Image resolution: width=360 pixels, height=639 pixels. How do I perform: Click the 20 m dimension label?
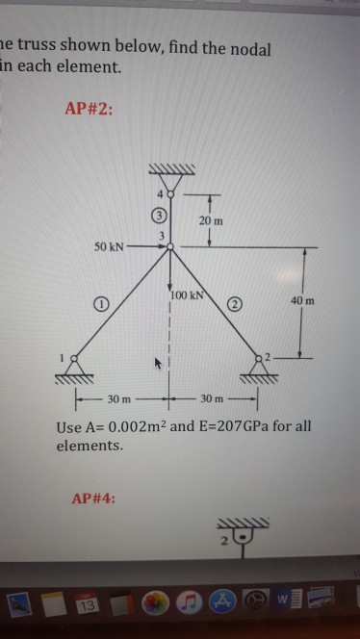pos(212,220)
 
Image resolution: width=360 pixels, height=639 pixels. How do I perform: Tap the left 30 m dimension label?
pos(118,397)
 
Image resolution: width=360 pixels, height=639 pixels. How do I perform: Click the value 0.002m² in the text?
pos(139,426)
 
